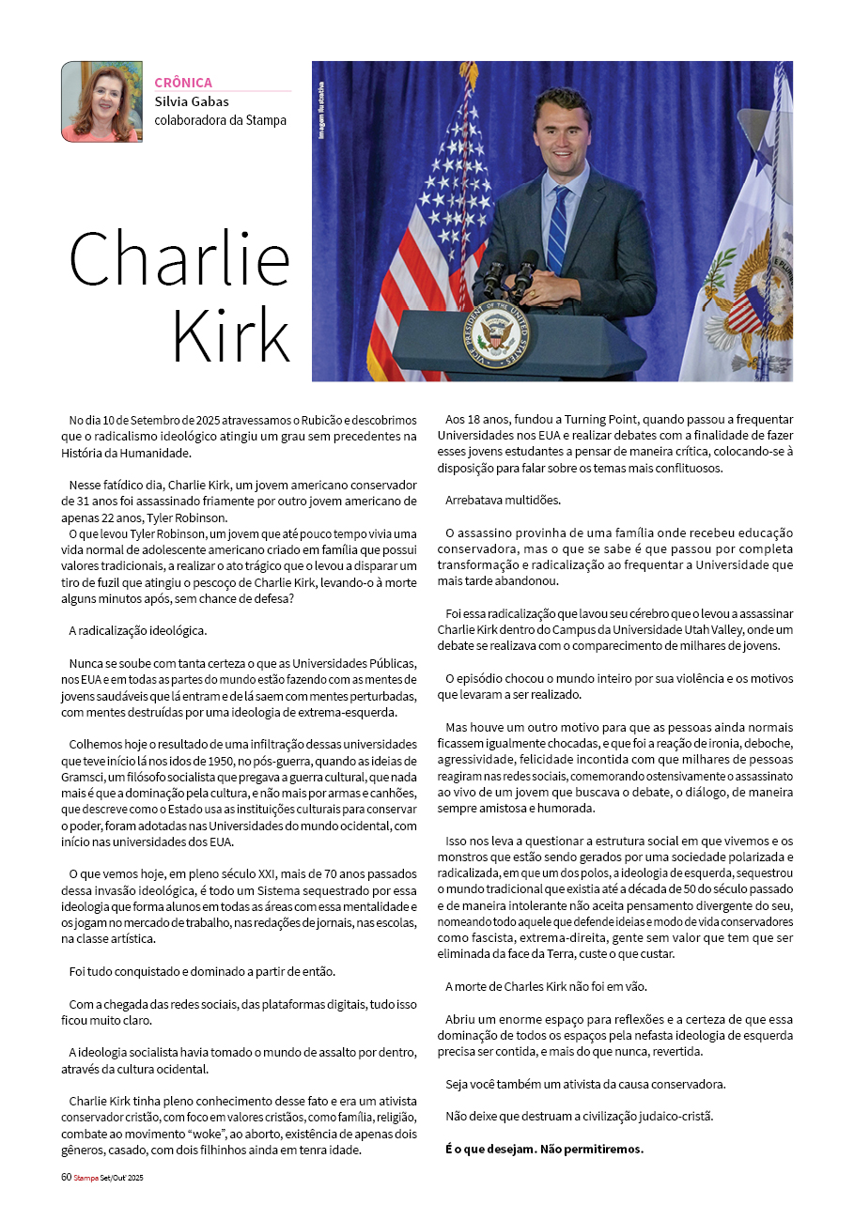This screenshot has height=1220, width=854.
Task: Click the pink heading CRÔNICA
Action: [183, 83]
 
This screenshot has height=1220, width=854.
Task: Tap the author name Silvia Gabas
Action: [192, 101]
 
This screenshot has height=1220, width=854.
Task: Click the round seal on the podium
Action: [495, 336]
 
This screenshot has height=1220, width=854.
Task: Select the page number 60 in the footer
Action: [66, 1177]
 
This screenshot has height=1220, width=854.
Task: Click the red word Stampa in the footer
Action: [86, 1177]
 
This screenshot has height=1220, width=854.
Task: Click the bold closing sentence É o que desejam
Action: [544, 1149]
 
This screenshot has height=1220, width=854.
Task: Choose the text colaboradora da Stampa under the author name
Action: [220, 120]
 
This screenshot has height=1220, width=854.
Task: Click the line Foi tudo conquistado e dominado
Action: [202, 970]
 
